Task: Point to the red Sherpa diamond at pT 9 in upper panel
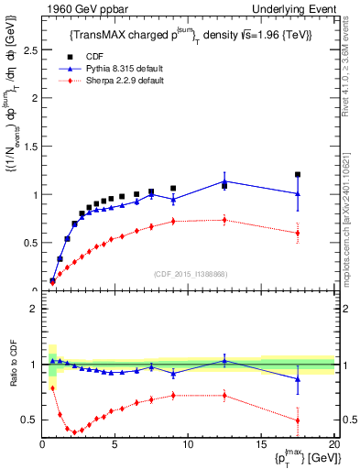coord(173,221)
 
